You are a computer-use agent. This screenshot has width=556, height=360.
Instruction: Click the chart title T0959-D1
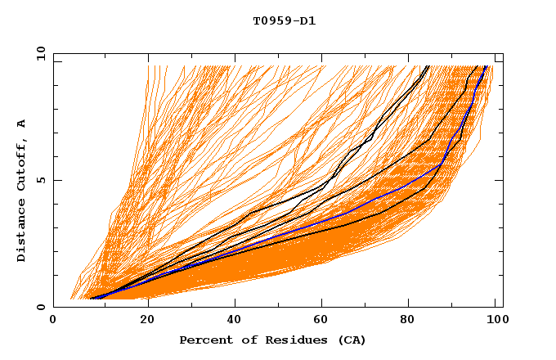coord(284,21)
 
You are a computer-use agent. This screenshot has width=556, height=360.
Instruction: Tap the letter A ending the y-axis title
coord(21,123)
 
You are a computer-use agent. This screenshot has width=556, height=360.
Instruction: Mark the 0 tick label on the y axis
coord(40,308)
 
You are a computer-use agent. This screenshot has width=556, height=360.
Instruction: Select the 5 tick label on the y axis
coord(40,180)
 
